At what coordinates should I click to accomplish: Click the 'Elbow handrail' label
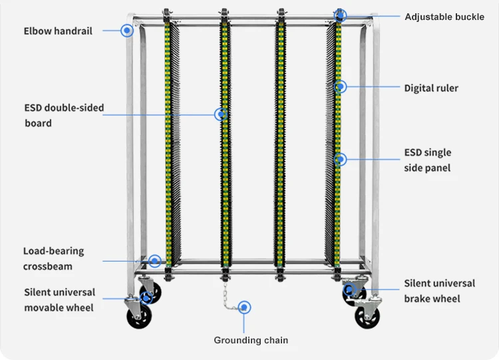[58, 31]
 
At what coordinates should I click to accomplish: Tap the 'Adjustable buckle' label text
[444, 17]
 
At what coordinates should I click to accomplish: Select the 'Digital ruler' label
[431, 88]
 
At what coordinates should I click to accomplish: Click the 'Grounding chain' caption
[251, 340]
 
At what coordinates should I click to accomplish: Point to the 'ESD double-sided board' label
[64, 115]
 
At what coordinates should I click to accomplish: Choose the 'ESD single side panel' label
[427, 160]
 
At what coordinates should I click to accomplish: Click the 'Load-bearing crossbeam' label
[53, 259]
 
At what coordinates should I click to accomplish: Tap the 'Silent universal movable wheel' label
[59, 299]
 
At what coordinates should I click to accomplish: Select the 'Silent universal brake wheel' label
[439, 291]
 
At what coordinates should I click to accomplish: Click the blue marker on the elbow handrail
[126, 30]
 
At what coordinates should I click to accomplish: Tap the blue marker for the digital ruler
[340, 87]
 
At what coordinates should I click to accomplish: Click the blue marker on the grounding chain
[244, 307]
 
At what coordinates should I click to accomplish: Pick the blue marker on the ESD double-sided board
[220, 114]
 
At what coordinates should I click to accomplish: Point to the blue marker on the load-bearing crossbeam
[155, 261]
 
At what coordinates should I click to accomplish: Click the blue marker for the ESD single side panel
[340, 159]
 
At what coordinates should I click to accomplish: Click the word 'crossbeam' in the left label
[48, 266]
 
